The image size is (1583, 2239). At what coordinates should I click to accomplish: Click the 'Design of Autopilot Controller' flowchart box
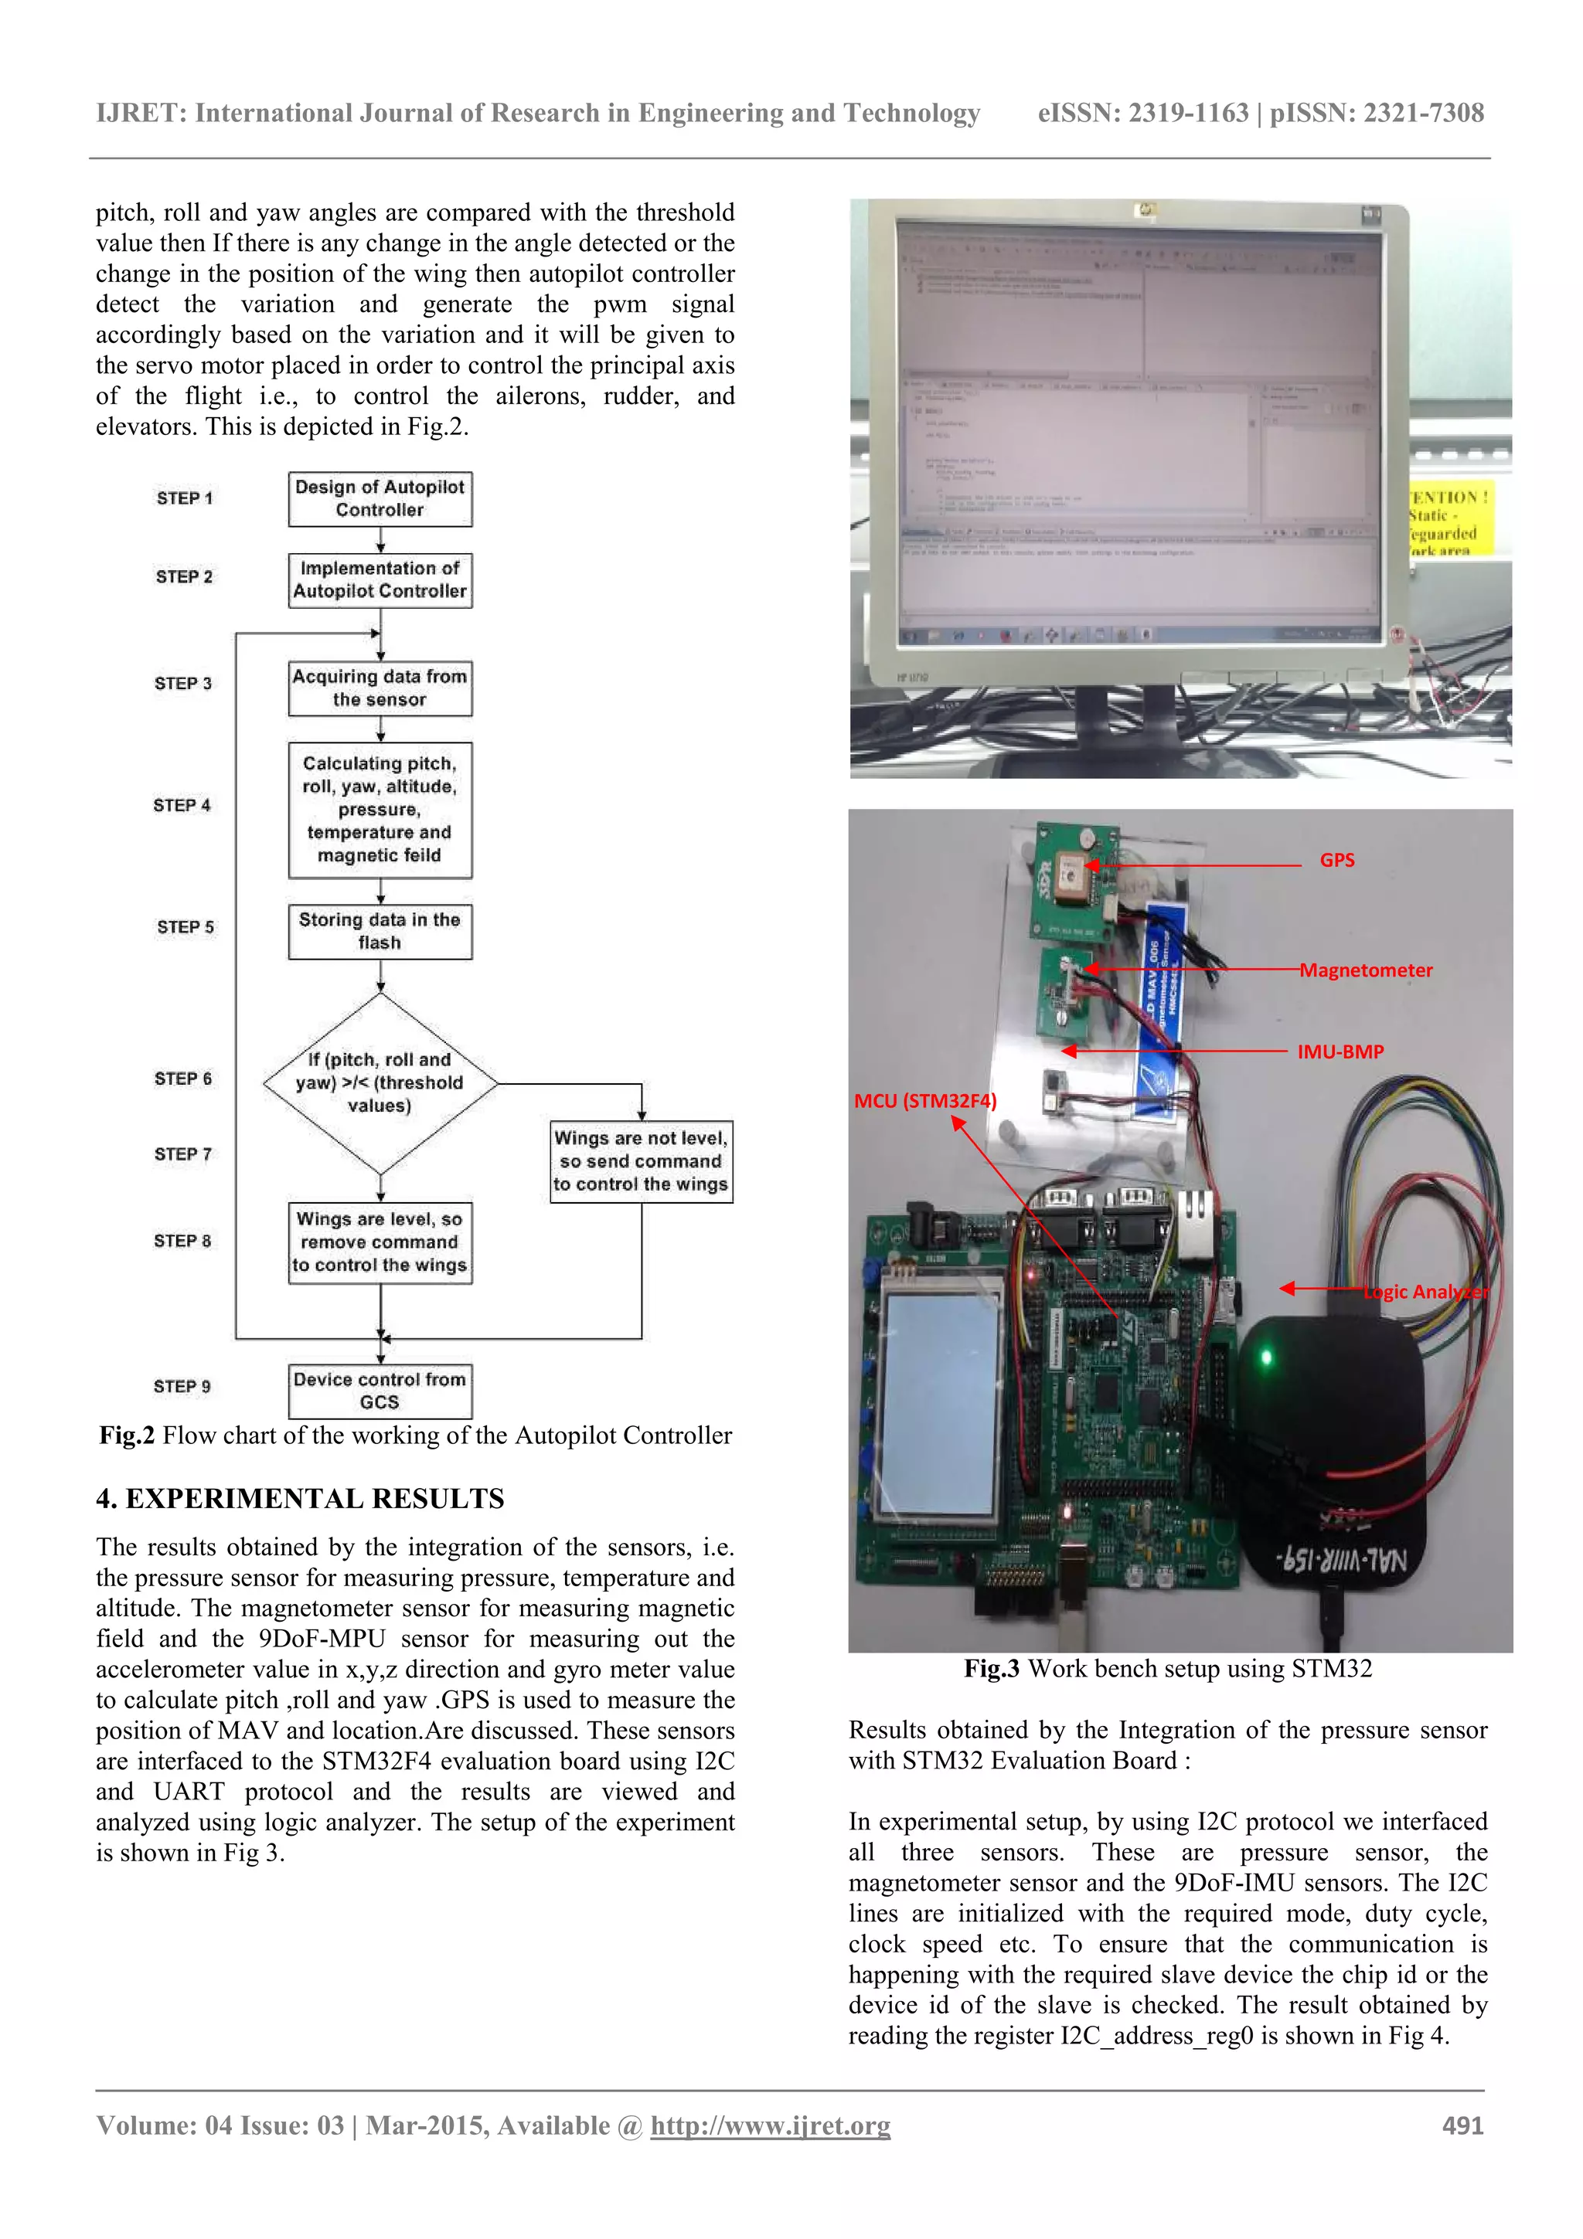click(x=380, y=498)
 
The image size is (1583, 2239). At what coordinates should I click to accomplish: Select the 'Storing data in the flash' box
click(x=380, y=931)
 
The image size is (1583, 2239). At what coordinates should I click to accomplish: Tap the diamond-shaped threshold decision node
click(x=380, y=1082)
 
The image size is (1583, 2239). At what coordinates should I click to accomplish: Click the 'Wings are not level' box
click(x=641, y=1161)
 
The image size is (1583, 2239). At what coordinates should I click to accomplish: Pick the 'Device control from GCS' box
click(x=380, y=1391)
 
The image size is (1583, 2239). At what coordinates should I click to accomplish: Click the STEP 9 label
click(x=182, y=1387)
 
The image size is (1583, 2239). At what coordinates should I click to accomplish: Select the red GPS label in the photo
click(x=1336, y=860)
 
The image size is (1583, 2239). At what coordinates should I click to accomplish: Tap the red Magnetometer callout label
click(x=1366, y=970)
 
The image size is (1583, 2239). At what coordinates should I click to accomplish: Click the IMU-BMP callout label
click(x=1340, y=1052)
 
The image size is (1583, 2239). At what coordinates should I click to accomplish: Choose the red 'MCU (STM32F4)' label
click(x=924, y=1101)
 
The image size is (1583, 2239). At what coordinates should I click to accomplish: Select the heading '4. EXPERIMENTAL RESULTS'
click(x=299, y=1499)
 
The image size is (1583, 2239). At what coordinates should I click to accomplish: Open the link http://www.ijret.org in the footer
click(x=770, y=2126)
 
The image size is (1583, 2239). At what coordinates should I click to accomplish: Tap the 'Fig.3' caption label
click(x=991, y=1669)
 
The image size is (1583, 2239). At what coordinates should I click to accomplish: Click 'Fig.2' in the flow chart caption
click(x=127, y=1435)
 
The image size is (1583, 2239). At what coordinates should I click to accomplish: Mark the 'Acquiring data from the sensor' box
click(x=380, y=688)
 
